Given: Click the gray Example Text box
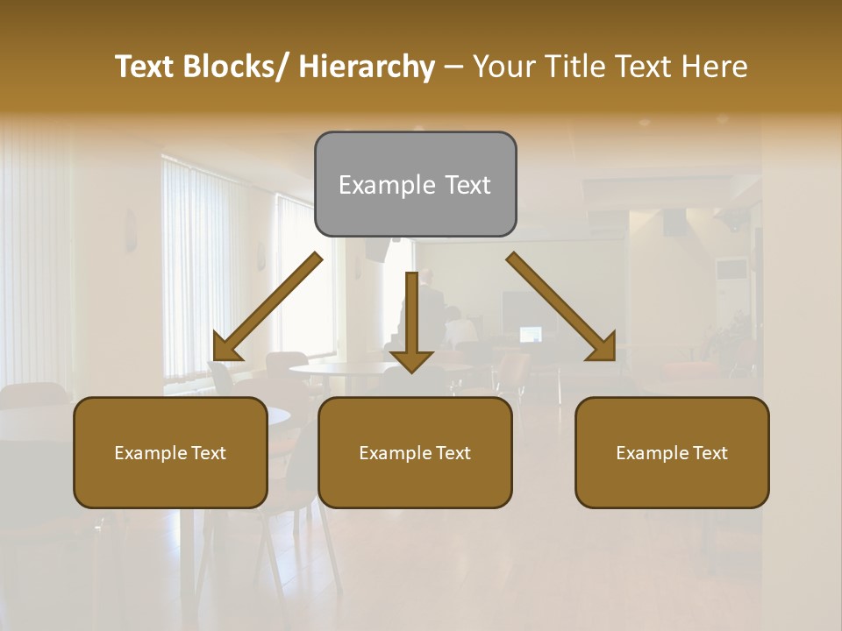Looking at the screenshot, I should pyautogui.click(x=415, y=184).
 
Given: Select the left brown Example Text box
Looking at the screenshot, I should pyautogui.click(x=170, y=452).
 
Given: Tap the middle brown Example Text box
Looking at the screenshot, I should pyautogui.click(x=415, y=452).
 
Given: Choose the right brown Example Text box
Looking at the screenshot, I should pyautogui.click(x=672, y=452).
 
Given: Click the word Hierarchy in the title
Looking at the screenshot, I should pyautogui.click(x=367, y=67).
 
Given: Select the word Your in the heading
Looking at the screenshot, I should pyautogui.click(x=503, y=67).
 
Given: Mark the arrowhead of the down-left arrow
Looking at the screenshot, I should pyautogui.click(x=226, y=347).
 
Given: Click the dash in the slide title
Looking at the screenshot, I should pyautogui.click(x=453, y=67).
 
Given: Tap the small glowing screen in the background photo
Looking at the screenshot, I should pyautogui.click(x=531, y=334).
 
